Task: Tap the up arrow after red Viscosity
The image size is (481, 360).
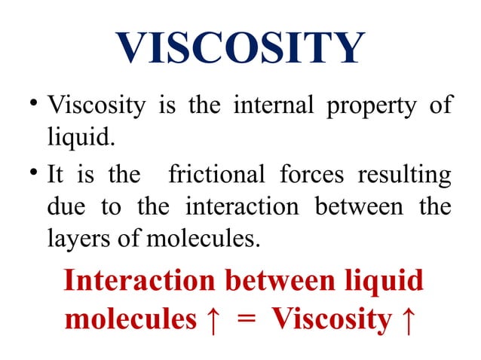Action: coord(406,319)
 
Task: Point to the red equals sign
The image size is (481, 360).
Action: coord(244,320)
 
